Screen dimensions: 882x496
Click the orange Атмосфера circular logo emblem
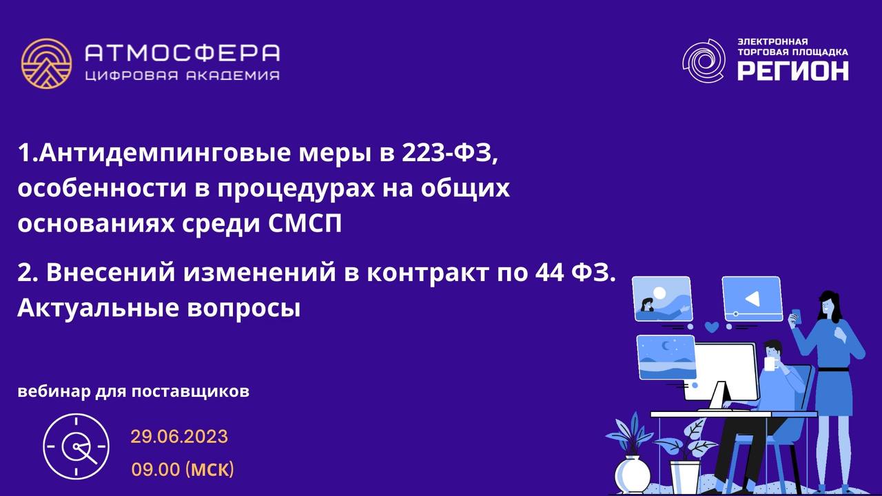tap(46, 63)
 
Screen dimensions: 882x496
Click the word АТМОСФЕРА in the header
tap(183, 53)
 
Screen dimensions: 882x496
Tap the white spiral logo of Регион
tap(704, 61)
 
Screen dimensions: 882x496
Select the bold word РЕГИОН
tap(792, 71)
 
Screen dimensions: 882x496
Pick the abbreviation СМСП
tap(305, 223)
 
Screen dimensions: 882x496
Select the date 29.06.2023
tap(179, 437)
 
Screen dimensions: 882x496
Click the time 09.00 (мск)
tap(183, 469)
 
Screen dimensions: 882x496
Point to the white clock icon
tap(76, 446)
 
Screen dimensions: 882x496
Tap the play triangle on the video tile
tap(752, 299)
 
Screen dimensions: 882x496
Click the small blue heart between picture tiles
tap(712, 327)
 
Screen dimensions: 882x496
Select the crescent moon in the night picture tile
tap(666, 346)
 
